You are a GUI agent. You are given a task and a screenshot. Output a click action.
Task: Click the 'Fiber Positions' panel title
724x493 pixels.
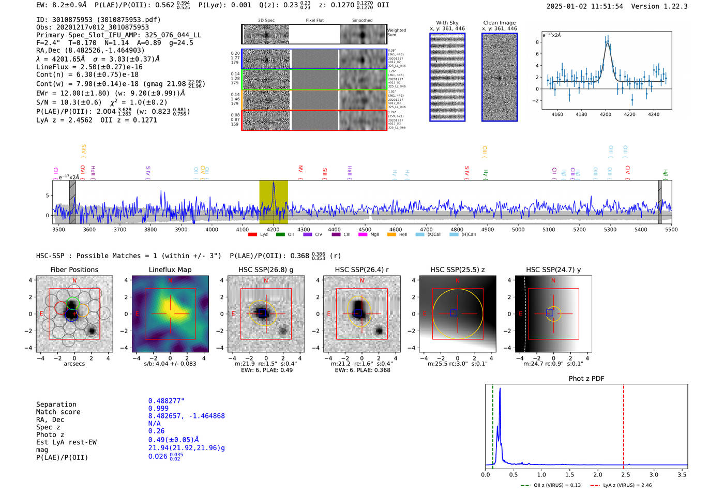coord(74,270)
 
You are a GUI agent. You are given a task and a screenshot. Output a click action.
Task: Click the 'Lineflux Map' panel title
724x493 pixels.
coord(170,270)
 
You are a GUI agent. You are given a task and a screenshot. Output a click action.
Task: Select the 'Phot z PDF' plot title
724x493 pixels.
coord(586,379)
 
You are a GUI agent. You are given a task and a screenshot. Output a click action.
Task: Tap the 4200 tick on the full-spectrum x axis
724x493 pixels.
coord(273,229)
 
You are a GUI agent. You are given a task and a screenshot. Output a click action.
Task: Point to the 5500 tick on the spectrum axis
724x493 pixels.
coord(671,229)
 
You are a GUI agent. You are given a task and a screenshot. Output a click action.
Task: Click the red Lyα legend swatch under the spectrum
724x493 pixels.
coord(253,234)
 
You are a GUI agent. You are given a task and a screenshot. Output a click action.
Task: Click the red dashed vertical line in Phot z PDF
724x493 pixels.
coord(623,424)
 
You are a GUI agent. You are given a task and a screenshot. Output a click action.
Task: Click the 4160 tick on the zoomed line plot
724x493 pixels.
coord(557,114)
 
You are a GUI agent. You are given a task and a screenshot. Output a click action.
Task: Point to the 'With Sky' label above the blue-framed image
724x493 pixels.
coord(447,23)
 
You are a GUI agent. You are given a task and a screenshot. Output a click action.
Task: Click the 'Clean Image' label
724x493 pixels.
coord(499,23)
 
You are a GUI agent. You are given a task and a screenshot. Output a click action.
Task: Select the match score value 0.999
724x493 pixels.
coord(158,408)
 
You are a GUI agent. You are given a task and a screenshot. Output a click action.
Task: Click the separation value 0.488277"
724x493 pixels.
coord(166,401)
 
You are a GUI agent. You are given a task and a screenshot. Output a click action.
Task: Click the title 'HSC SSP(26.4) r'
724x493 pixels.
coord(361,270)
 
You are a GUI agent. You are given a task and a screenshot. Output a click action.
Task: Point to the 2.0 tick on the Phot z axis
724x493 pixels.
coord(597,474)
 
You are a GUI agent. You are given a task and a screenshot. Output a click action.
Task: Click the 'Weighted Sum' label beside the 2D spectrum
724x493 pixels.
coord(396,32)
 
